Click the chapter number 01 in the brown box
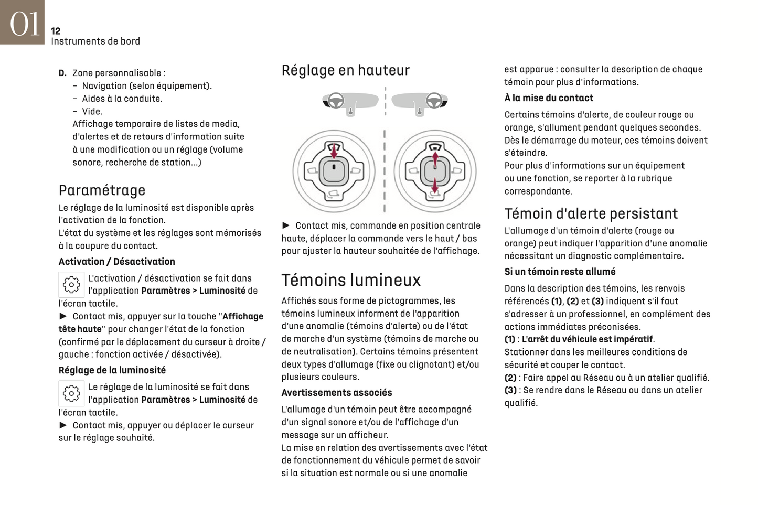tap(24, 24)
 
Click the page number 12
tap(56, 31)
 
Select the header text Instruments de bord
tap(95, 41)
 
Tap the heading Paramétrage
tap(102, 190)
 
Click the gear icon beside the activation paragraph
tap(71, 285)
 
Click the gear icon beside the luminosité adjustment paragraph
tap(71, 393)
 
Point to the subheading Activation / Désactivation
tap(116, 262)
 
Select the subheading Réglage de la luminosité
tap(112, 370)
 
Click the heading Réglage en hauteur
tap(345, 70)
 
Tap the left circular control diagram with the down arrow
tap(334, 171)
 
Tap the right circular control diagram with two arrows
tap(435, 171)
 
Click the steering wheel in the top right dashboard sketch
tap(434, 100)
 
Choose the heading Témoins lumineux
tap(351, 280)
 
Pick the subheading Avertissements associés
tap(336, 393)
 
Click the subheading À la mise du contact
tap(548, 98)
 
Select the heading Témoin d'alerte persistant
tap(591, 214)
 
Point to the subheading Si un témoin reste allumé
tap(560, 272)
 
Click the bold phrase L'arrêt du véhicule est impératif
tap(587, 339)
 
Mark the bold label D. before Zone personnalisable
tap(62, 73)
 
